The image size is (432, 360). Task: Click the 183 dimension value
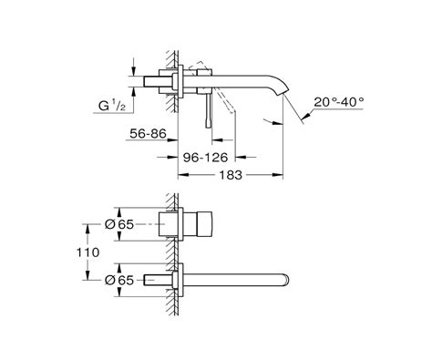click(231, 175)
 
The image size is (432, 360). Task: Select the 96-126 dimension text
click(205, 158)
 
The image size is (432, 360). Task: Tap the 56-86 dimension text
click(149, 134)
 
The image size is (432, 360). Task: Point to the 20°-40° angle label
click(338, 102)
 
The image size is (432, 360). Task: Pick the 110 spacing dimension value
click(87, 252)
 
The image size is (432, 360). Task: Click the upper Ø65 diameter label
click(119, 224)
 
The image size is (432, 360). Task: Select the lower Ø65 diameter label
click(119, 280)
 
